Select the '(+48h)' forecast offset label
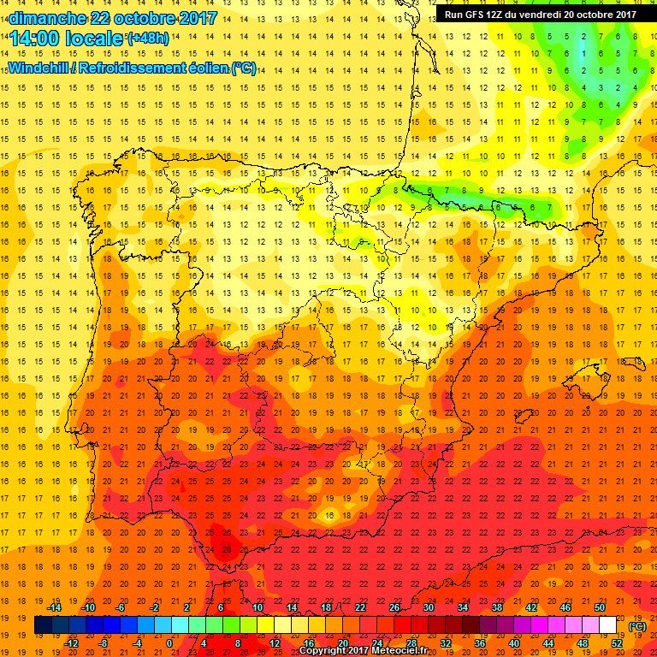click(x=148, y=38)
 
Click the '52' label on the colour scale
click(x=617, y=643)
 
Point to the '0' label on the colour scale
click(x=169, y=643)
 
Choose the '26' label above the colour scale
click(x=394, y=607)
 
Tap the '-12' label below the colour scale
click(x=73, y=643)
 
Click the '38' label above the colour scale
click(x=497, y=607)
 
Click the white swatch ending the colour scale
click(x=607, y=625)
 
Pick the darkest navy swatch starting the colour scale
click(x=43, y=625)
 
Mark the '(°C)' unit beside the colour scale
click(x=637, y=626)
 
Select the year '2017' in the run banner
click(x=625, y=14)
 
